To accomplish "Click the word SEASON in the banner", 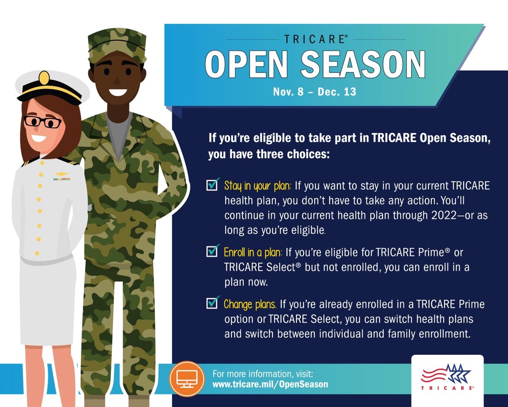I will tap(363, 65).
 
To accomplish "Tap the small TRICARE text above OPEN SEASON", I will tap(316, 39).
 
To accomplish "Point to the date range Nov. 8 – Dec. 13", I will tap(315, 92).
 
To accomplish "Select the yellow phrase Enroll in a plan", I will tap(253, 253).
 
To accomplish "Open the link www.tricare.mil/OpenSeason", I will tap(270, 385).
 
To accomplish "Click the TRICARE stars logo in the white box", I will tap(447, 376).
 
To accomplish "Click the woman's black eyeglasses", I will tap(42, 122).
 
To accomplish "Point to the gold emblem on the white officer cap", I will tap(44, 78).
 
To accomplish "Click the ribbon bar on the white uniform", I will tap(61, 178).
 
